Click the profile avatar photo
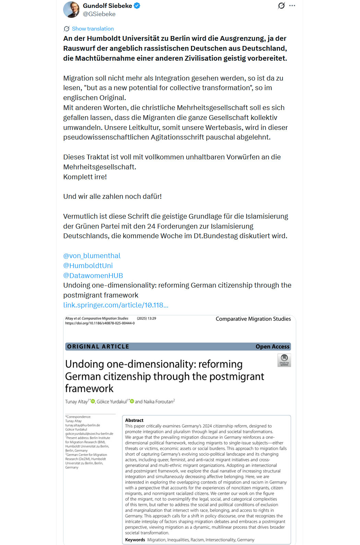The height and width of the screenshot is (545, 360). coord(71,10)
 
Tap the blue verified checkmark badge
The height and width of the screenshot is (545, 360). coord(137,5)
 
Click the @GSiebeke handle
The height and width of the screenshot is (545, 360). coord(99,14)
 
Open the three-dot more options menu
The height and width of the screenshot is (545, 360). coord(292,5)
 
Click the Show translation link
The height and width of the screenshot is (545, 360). coord(93,29)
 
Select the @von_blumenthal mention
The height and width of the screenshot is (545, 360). coord(92,256)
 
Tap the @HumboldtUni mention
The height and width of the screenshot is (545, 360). coord(88,266)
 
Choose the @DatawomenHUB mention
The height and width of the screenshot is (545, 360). coord(93,276)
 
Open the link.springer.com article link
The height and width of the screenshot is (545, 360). coord(116,305)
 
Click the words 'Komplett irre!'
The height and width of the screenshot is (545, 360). coord(85,177)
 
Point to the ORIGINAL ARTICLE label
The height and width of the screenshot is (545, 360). coord(98,347)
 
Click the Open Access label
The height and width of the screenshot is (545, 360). coord(272,347)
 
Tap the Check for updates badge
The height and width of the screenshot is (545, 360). coord(284,360)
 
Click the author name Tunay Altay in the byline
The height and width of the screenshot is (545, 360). coord(76,402)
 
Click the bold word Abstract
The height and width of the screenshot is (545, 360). coord(134,420)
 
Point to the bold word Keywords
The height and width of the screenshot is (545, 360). coord(135,540)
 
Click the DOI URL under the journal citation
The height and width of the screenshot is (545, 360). coord(100,323)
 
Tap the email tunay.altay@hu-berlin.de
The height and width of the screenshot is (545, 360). coord(83,425)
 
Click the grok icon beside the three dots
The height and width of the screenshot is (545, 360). coord(281,5)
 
